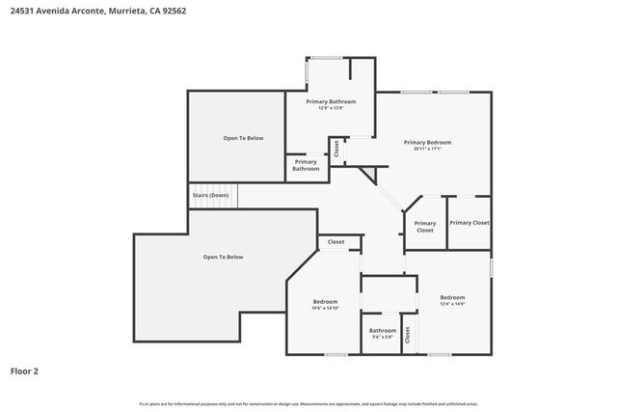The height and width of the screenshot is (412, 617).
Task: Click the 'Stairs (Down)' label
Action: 210,195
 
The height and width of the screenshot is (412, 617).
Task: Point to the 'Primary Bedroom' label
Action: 427,142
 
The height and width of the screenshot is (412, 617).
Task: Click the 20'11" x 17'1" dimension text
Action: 427,149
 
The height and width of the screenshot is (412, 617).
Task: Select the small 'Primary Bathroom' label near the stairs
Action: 306,165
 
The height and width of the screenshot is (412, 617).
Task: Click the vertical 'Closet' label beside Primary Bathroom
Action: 336,149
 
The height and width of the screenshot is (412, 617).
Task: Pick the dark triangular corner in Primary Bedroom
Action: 368,173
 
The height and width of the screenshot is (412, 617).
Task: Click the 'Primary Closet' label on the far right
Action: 469,223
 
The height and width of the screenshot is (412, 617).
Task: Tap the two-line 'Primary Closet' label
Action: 425,227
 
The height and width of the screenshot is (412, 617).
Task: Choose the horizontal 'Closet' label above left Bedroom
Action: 335,241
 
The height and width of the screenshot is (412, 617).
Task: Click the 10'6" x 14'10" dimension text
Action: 325,309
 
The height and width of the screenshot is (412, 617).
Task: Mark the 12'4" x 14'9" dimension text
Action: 452,304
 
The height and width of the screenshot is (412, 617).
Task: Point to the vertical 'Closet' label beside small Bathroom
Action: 407,334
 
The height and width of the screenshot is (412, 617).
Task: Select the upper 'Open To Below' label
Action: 243,138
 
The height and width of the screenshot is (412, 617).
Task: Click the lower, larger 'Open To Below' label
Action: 223,257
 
